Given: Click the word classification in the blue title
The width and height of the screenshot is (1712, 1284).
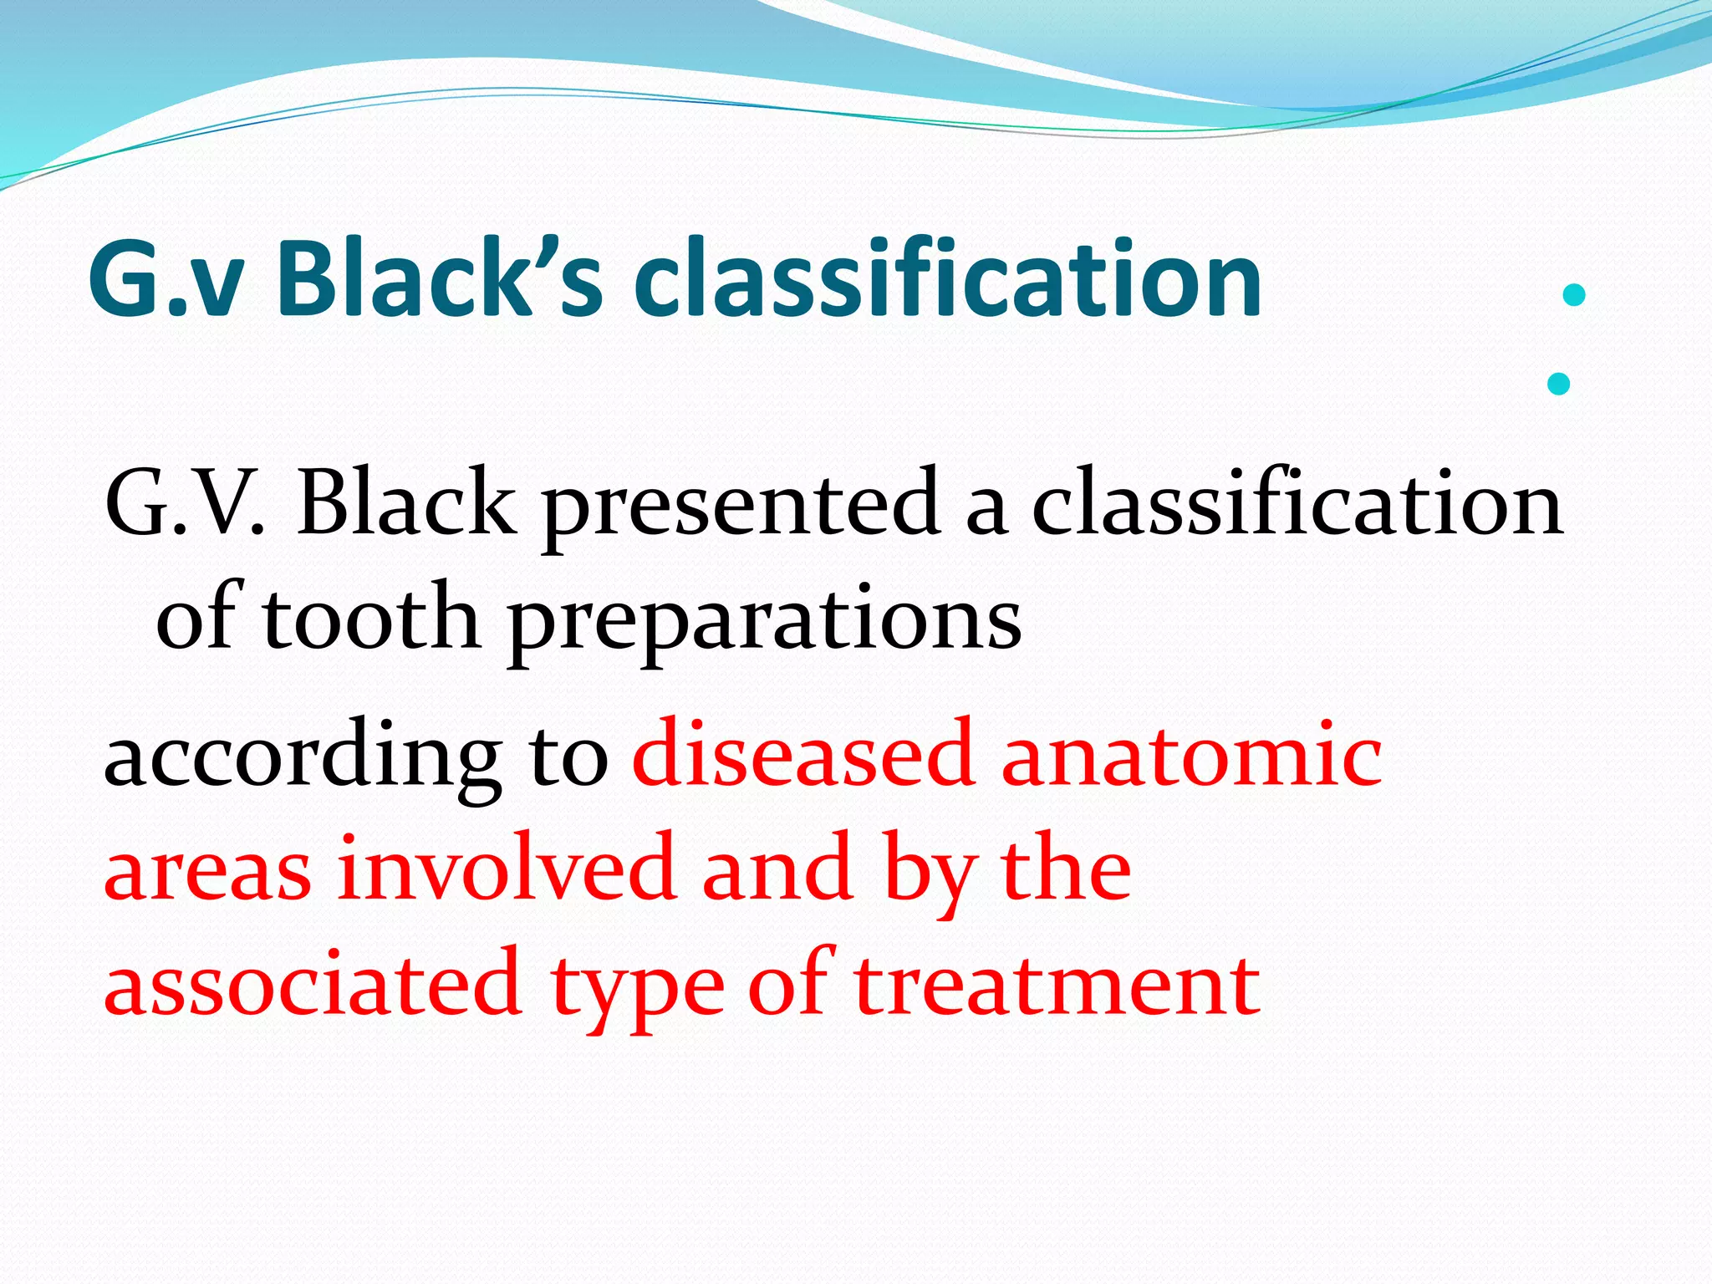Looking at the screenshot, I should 947,278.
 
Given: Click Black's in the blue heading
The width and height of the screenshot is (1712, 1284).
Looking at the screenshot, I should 439,278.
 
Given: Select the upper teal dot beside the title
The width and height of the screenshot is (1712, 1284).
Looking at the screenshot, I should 1573,295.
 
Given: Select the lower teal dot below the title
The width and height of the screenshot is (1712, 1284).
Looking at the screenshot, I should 1558,384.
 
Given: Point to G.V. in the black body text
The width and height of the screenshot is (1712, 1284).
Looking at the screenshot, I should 185,504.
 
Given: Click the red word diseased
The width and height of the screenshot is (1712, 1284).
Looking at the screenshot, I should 803,755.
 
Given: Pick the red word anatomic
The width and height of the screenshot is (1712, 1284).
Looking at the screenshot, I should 1191,755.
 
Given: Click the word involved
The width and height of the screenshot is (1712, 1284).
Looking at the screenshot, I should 507,869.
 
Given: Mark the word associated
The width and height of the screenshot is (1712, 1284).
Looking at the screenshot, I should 313,984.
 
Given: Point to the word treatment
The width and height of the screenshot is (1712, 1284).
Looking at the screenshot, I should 1057,984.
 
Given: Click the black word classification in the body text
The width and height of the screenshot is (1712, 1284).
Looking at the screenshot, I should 1297,504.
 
